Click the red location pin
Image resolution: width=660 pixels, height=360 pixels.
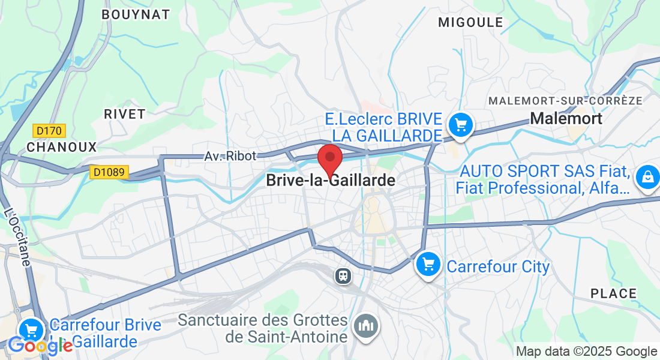tap(329, 160)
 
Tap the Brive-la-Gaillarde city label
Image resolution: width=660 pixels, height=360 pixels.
tap(331, 180)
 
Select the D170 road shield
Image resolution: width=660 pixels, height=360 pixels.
tap(49, 130)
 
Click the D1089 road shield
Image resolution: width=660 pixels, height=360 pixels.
tap(109, 172)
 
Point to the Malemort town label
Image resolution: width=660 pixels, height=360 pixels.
tap(566, 118)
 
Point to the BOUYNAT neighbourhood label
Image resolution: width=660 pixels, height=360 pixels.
tap(136, 14)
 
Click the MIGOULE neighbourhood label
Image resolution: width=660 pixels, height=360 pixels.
tap(470, 22)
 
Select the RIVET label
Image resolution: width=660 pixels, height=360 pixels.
tap(124, 114)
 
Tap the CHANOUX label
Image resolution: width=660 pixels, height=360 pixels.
tap(61, 147)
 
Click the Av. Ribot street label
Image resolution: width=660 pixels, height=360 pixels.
tap(230, 156)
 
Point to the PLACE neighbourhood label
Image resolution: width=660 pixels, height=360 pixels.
tap(613, 293)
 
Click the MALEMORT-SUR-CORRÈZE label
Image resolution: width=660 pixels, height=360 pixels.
tap(565, 100)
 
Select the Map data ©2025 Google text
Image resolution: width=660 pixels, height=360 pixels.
tap(586, 351)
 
